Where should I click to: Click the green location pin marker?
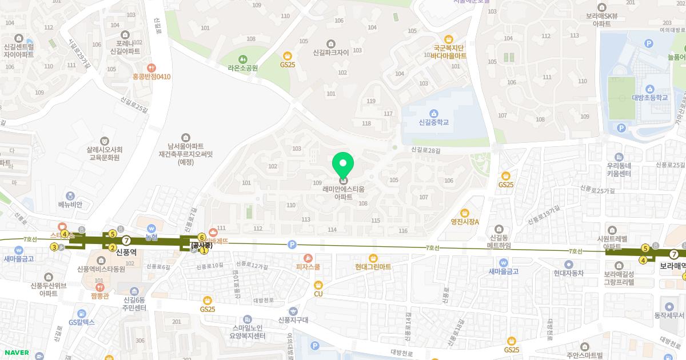[343, 165]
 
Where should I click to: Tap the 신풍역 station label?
[126, 251]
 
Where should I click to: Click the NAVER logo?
[15, 353]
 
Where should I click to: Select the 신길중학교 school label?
[433, 122]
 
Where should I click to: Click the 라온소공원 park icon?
[243, 58]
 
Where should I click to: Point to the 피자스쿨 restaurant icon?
[308, 258]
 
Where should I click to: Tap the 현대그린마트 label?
[373, 267]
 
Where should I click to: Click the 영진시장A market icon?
[464, 213]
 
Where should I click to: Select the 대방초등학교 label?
[650, 98]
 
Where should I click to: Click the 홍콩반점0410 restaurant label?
[151, 77]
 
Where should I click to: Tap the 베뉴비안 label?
[70, 205]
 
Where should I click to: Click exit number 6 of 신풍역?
[201, 237]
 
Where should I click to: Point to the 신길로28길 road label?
[426, 150]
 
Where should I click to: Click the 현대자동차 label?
[568, 273]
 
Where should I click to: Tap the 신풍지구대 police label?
[293, 320]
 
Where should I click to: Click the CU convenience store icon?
[318, 285]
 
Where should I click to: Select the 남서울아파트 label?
[185, 146]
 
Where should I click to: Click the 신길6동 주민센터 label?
[135, 303]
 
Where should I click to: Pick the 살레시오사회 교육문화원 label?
[105, 153]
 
